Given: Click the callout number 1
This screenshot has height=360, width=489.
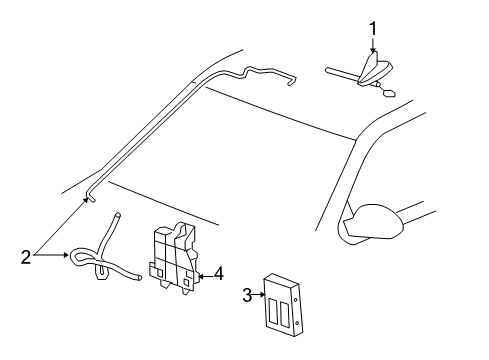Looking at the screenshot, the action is coord(373,28).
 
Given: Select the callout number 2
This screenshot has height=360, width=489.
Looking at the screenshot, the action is coord(26,257).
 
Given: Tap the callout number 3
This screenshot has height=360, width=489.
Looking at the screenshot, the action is coord(247,295).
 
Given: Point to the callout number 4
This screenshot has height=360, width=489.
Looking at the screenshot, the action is coord(219,274).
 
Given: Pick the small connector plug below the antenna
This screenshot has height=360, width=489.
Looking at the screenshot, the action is coord(389,92).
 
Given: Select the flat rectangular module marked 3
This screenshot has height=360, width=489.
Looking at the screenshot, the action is coord(283,304).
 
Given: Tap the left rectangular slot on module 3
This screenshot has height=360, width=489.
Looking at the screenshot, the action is coord(272,312).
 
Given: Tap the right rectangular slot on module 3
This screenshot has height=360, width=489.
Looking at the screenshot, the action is coord(284,315).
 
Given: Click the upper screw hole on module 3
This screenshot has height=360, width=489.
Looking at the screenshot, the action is coord(296,299).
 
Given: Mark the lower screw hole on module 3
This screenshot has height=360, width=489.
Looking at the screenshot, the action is coord(297,322).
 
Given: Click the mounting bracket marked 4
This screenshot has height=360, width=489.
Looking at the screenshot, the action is coord(174,257).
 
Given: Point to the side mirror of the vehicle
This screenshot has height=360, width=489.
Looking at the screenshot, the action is coord(372,223).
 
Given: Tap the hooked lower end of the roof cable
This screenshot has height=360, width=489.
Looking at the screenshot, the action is coord(90,197).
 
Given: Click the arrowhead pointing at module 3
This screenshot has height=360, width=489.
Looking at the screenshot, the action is coord(262,295).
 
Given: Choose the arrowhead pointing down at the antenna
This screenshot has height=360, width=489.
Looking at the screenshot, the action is coord(373,49).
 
